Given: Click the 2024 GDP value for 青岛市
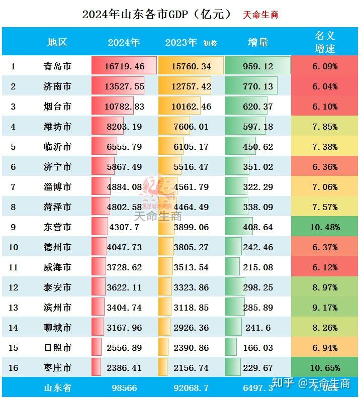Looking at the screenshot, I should click(125, 66).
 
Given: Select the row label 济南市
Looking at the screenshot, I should click(57, 86).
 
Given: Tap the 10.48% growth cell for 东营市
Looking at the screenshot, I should click(324, 227).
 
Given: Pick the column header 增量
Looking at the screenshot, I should click(258, 43).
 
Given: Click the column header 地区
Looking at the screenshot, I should click(57, 43).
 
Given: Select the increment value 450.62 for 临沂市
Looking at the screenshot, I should click(258, 147).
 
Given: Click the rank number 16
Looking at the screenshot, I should click(13, 368).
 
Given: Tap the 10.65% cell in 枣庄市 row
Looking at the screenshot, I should click(324, 368).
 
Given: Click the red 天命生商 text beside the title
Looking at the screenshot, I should click(260, 15).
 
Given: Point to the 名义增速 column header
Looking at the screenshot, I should click(324, 42).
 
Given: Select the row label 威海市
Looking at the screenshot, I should click(57, 267).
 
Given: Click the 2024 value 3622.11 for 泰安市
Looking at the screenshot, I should click(124, 287).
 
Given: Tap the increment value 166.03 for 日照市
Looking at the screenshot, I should click(258, 348).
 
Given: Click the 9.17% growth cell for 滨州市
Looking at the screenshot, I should click(324, 308).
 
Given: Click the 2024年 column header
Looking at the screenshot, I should click(124, 43).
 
